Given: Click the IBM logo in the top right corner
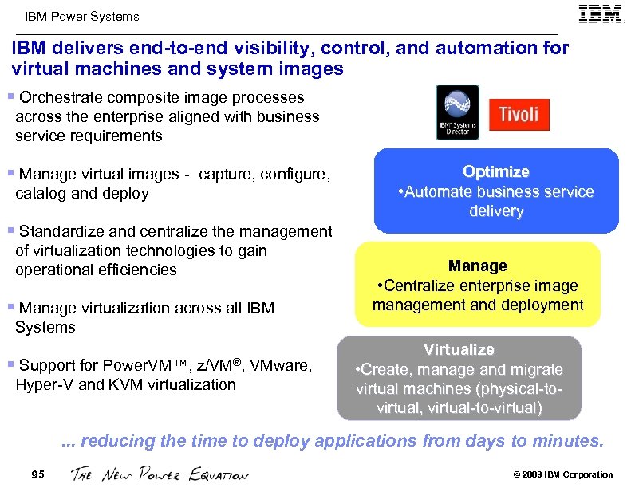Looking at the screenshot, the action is [600, 15].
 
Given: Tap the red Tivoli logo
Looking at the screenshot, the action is [519, 114].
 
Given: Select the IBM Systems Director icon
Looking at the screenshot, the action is [457, 112].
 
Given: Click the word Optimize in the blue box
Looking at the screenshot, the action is [496, 171].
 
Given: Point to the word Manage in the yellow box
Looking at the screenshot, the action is [477, 266].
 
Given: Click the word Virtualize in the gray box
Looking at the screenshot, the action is [459, 349].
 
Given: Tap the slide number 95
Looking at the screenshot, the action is [37, 474].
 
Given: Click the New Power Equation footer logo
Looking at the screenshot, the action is [160, 475].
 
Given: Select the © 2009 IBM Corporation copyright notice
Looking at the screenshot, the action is [563, 475].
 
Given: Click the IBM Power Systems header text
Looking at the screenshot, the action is [81, 16].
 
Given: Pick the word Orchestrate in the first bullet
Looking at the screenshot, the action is [60, 97].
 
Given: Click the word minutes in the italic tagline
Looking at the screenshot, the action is [572, 440].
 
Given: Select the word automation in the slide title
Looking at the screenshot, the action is [471, 49].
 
